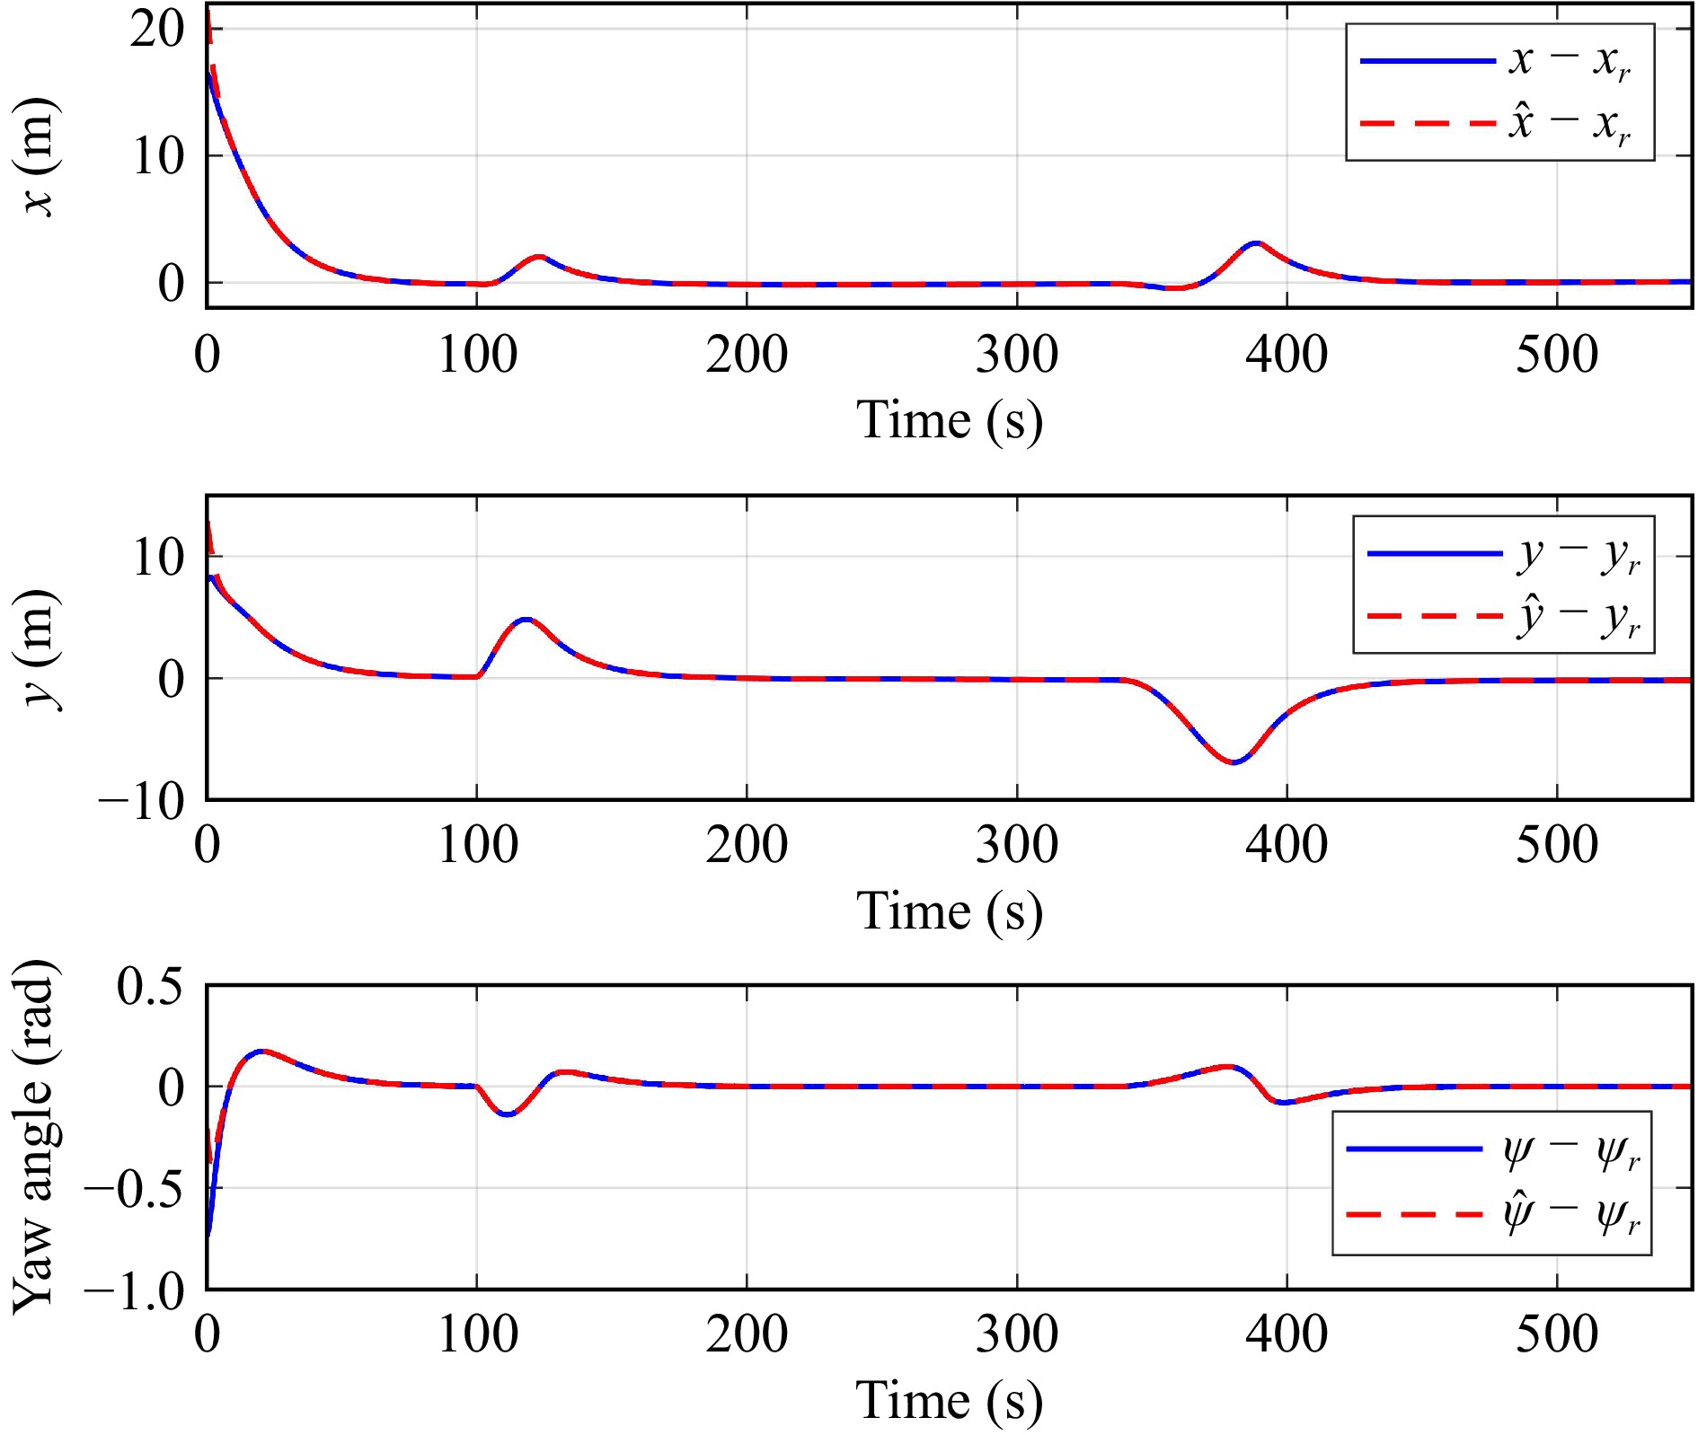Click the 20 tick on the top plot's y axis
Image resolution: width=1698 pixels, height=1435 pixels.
click(x=156, y=29)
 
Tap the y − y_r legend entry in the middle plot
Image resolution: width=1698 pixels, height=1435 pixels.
click(x=1502, y=554)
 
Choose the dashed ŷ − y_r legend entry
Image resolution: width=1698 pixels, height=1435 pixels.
click(x=1502, y=617)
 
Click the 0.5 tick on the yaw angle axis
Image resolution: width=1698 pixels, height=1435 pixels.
click(x=149, y=987)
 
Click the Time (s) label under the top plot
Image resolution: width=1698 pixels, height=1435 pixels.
click(x=949, y=420)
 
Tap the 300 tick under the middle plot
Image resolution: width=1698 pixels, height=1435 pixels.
click(x=1017, y=845)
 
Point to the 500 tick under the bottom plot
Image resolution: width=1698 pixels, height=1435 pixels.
click(x=1557, y=1334)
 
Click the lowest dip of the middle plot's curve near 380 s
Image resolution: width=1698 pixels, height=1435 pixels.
click(x=1235, y=762)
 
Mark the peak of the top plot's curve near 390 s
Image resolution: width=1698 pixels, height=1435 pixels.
click(x=1256, y=243)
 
